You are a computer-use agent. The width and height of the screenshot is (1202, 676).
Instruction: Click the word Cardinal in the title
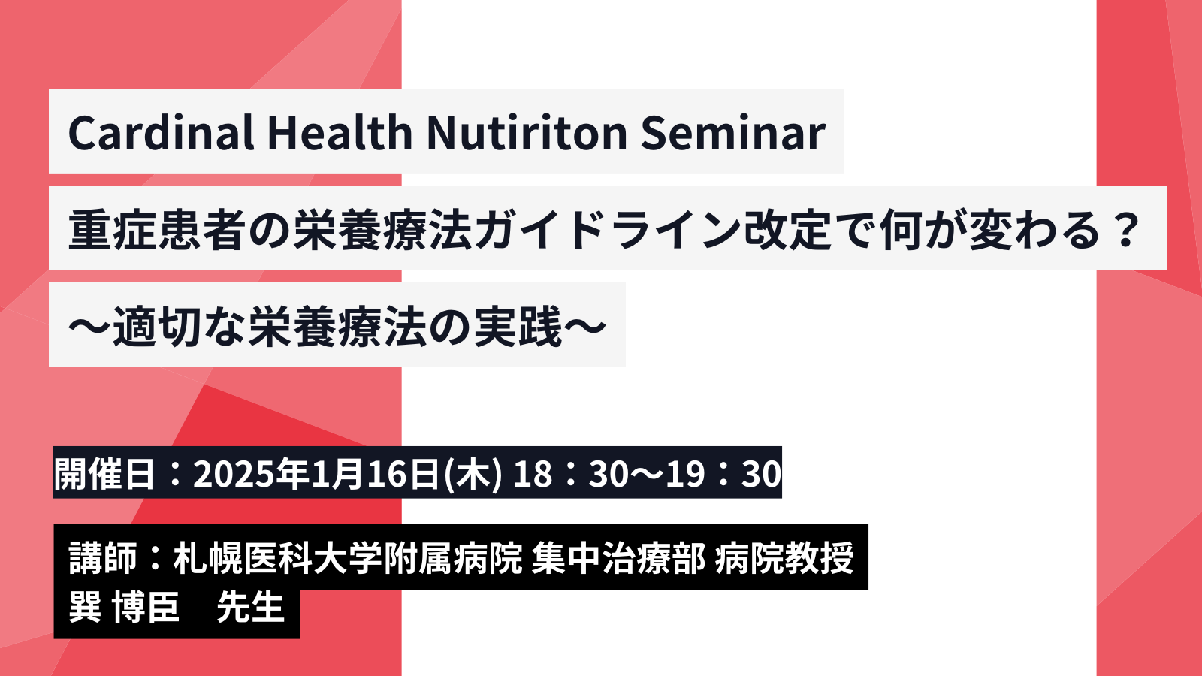[161, 132]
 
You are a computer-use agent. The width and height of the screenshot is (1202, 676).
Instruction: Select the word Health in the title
[340, 132]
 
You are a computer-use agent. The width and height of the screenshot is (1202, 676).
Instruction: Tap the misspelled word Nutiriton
[527, 132]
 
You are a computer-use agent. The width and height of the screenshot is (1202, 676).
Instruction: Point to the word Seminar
[733, 132]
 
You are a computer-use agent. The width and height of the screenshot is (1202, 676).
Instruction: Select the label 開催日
[104, 473]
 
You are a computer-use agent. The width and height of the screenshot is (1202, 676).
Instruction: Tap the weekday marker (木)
[474, 474]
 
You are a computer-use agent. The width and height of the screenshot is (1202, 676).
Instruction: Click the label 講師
[103, 558]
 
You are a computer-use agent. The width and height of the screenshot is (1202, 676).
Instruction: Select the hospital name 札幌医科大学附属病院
[347, 558]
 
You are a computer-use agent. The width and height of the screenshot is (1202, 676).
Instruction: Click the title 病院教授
[784, 558]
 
